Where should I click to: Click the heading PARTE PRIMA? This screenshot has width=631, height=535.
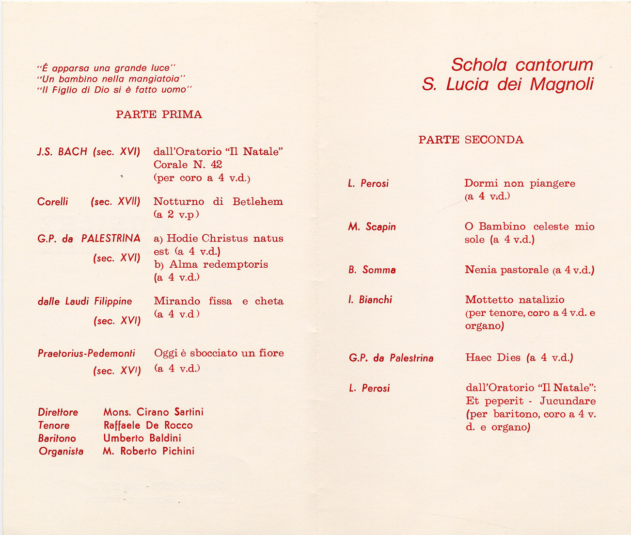(158, 115)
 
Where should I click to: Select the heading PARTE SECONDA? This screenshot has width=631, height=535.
(471, 140)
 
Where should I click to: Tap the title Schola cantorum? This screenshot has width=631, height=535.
(521, 65)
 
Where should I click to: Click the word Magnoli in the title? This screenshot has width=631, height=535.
(561, 85)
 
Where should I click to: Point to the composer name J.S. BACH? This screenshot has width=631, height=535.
(62, 152)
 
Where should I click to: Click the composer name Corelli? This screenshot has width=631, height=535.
(53, 202)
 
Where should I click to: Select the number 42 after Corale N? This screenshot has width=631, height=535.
(216, 165)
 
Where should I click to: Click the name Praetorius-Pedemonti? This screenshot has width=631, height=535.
(86, 354)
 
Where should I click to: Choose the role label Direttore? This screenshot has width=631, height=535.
(58, 412)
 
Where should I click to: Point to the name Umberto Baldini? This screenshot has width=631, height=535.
(142, 438)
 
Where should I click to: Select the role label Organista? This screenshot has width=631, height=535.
(61, 452)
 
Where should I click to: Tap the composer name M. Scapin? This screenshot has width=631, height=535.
(372, 227)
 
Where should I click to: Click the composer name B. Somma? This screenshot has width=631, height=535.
(372, 270)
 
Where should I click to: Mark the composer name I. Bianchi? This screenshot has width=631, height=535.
(370, 300)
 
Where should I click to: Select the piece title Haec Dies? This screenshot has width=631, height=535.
(493, 358)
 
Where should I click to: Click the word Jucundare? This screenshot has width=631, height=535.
(568, 401)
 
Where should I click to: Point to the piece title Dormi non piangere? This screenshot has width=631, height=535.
(520, 183)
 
